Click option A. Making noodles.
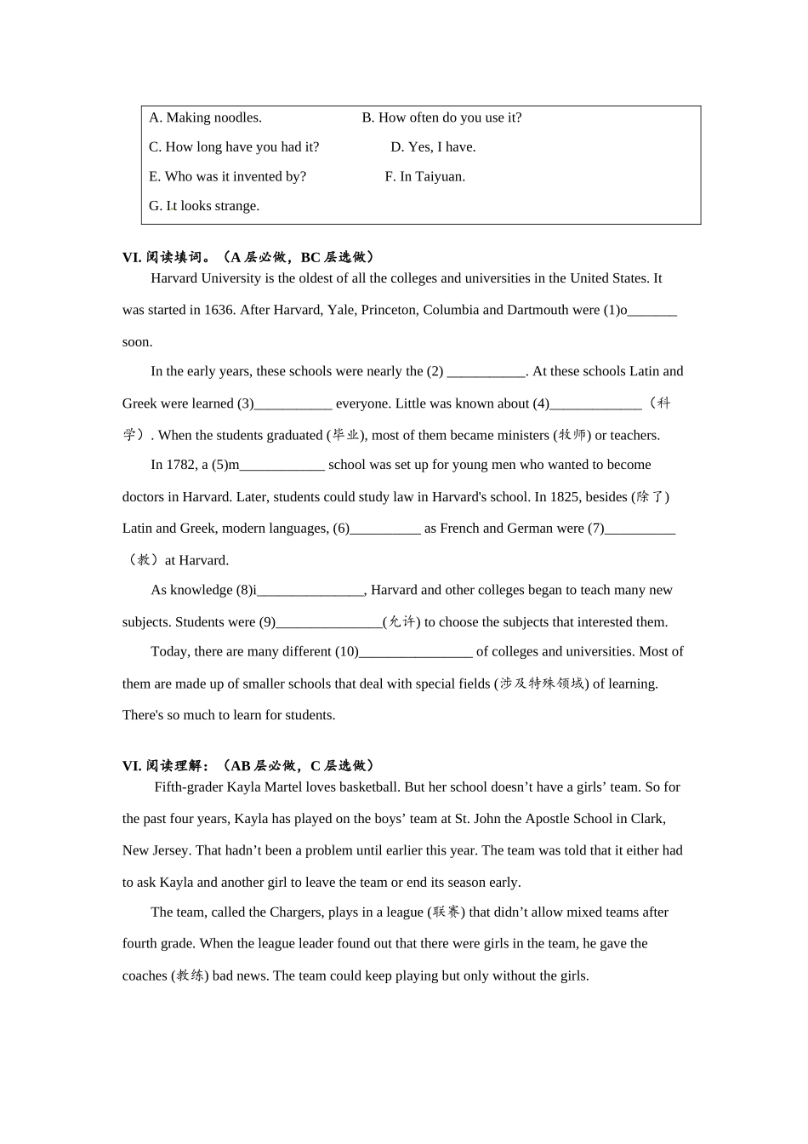point(205,117)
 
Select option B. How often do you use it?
point(441,117)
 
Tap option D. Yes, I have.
point(433,147)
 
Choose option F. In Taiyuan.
point(424,177)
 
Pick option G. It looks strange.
point(204,206)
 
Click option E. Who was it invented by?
point(227,177)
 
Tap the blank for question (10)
point(416,653)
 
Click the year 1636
point(219,310)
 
